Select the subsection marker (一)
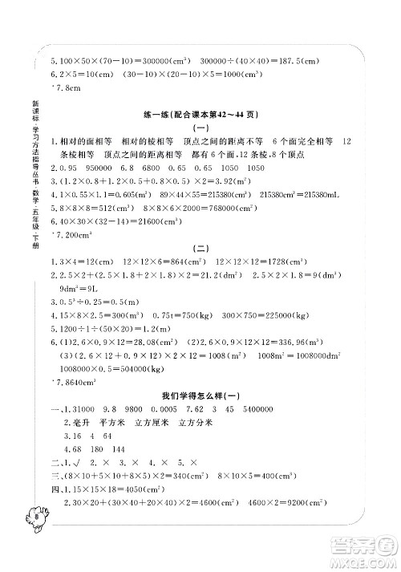coord(198,128)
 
